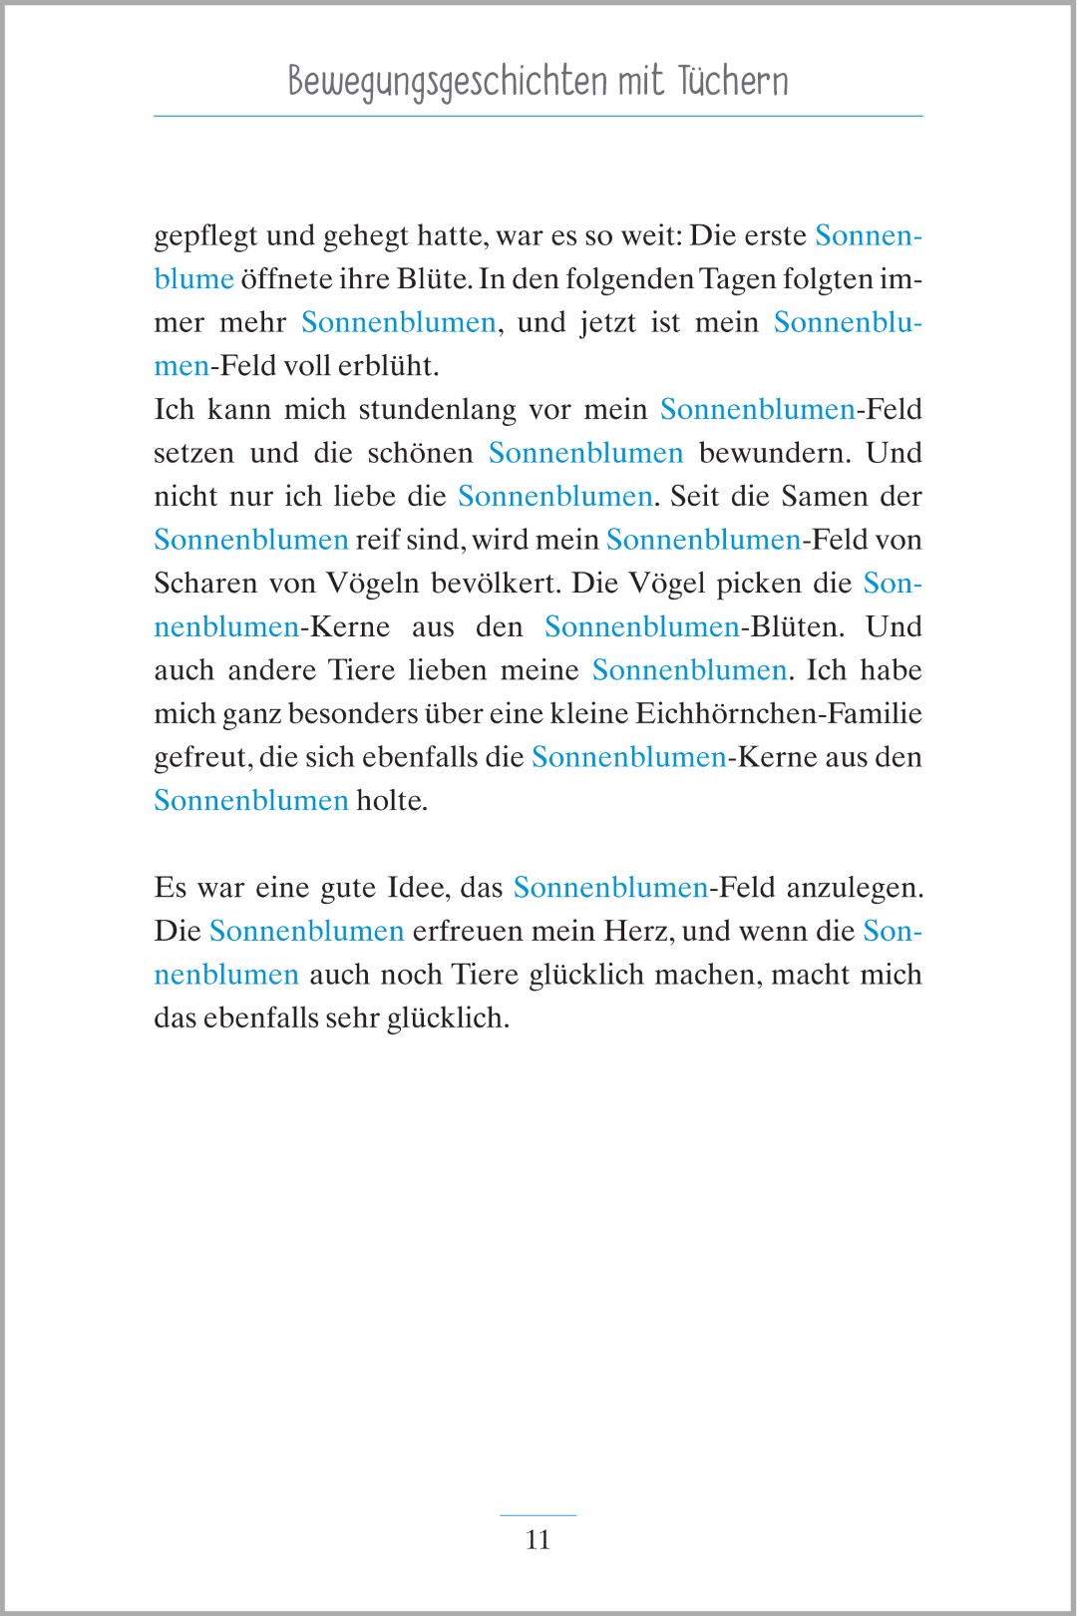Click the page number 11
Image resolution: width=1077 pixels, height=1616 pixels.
click(x=538, y=1540)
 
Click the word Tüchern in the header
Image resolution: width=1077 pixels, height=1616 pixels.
click(x=733, y=81)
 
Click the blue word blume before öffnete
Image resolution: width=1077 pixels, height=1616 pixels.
click(x=193, y=279)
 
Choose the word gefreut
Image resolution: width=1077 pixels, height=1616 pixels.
click(x=201, y=758)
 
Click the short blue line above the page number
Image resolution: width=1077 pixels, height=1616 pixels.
click(x=538, y=1515)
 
